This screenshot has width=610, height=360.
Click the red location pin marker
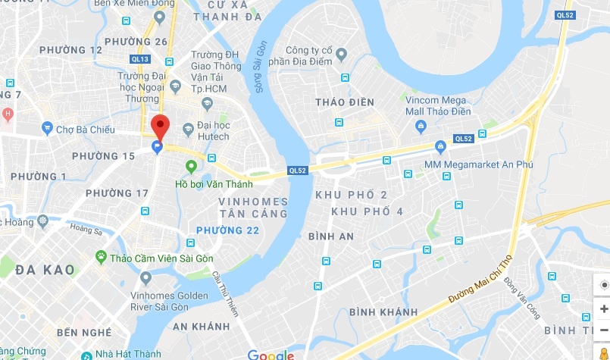coord(160,125)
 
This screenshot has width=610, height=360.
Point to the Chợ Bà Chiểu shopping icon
coord(47,129)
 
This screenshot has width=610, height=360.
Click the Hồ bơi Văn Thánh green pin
coord(191,167)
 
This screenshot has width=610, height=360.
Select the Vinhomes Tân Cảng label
coord(253,207)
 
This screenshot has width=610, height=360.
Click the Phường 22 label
coord(227,230)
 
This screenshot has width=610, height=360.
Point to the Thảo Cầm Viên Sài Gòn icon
coord(100,258)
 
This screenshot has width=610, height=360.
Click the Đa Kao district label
coord(45,269)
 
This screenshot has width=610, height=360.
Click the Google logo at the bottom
coord(271,354)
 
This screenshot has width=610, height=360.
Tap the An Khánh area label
coord(201,326)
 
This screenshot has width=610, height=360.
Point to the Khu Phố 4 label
coord(368,211)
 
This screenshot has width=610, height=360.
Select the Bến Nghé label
coord(83,332)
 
